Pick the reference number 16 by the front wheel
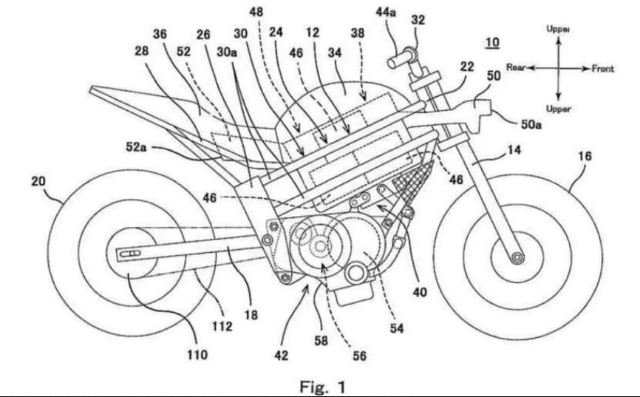585,157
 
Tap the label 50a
529,126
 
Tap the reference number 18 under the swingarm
251,314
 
